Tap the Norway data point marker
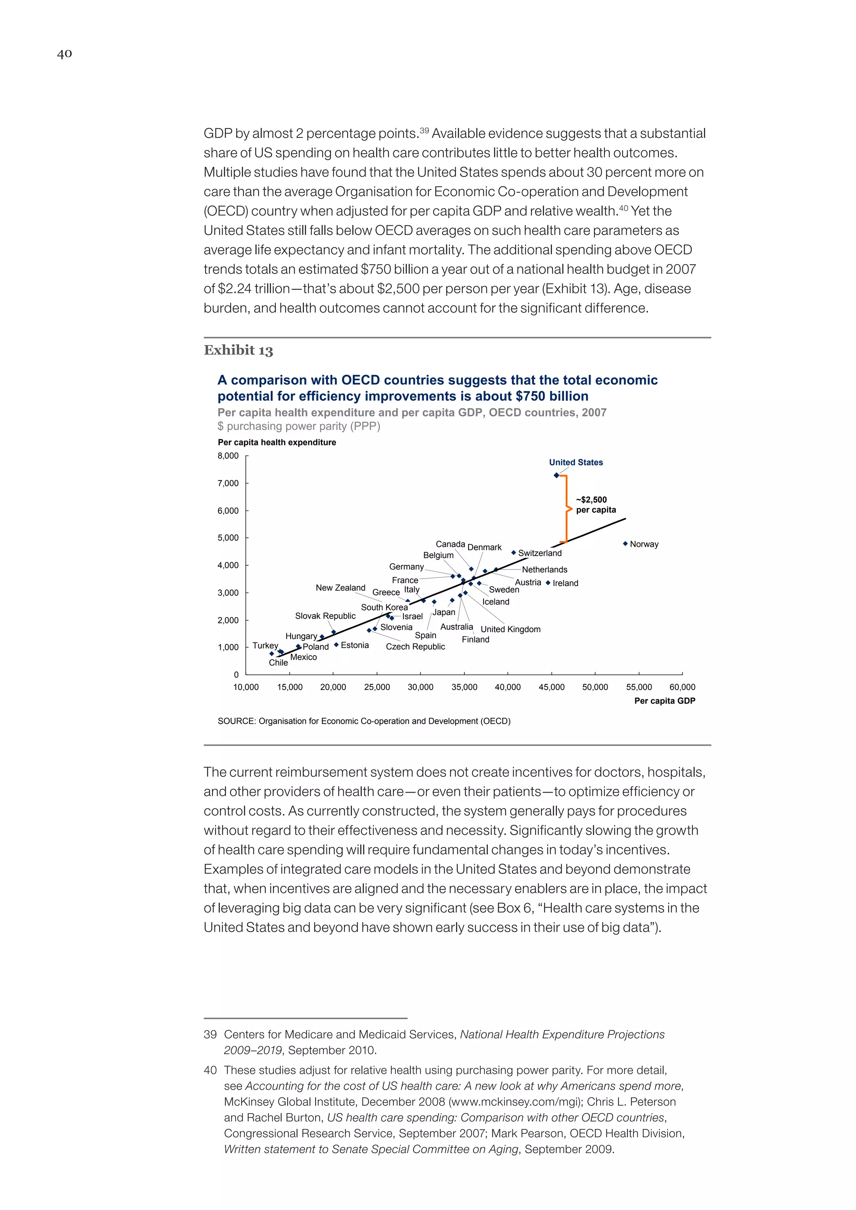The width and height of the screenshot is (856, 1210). pos(625,543)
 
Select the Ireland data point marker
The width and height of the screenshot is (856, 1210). pos(548,583)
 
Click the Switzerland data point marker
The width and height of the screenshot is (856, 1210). pos(513,553)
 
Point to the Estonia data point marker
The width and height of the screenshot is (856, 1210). pos(336,645)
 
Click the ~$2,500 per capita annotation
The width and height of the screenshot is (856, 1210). pos(596,504)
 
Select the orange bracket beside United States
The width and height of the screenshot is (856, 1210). pos(566,509)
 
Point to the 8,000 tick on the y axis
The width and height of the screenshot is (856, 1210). pos(228,456)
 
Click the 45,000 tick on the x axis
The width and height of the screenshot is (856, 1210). pos(551,687)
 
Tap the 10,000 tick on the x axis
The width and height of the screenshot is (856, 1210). pos(246,687)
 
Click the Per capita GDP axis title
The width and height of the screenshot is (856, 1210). pos(664,701)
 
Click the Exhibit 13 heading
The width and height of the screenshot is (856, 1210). pos(238,351)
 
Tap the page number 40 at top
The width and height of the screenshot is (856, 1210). pos(64,54)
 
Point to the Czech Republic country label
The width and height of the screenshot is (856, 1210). pos(415,647)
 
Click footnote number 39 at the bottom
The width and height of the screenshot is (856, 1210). pos(210,1035)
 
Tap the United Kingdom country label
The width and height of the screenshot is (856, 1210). pos(510,629)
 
